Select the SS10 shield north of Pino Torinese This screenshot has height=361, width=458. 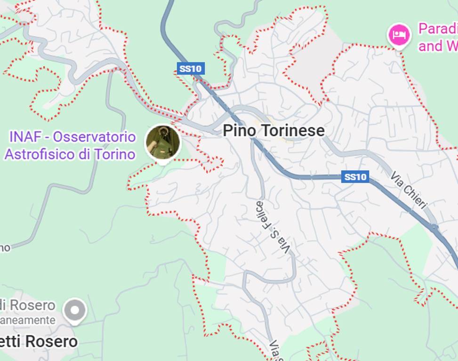point(191,69)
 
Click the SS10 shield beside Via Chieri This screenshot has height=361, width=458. point(355,177)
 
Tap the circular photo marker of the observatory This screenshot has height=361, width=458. point(163,142)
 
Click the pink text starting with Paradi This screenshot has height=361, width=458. point(438,29)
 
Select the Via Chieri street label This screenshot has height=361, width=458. point(408,190)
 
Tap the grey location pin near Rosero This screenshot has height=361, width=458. point(75,310)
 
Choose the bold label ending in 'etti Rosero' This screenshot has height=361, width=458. point(39,342)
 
